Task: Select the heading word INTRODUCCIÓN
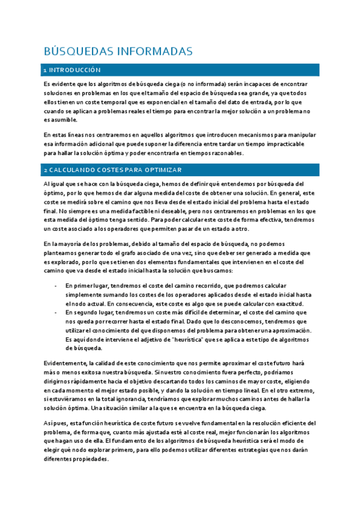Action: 75,70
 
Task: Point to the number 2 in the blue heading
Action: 45,170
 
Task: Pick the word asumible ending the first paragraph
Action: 59,120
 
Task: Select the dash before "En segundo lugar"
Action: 55,313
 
